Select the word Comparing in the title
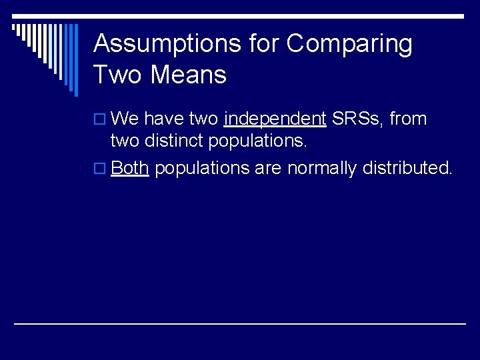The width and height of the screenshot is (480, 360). [349, 44]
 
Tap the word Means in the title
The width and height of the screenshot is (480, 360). [189, 75]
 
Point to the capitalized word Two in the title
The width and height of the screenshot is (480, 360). [119, 75]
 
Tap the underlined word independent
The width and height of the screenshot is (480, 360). [275, 119]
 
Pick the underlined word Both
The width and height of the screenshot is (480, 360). [129, 168]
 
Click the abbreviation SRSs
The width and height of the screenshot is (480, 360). [357, 119]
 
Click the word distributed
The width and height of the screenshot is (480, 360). [407, 168]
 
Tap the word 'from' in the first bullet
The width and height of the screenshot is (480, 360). [408, 119]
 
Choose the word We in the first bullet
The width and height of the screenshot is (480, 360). [125, 119]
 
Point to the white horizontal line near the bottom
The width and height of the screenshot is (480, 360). [240, 323]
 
